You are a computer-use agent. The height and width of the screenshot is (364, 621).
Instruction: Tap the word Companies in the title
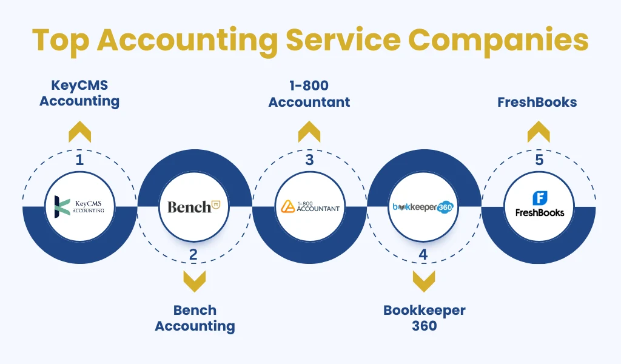coord(498,42)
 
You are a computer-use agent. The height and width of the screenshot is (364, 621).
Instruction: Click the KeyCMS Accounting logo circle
coord(79,206)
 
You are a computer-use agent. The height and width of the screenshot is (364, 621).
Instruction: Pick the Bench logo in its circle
coord(193,206)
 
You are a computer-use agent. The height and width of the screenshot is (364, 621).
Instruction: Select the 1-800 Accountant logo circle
coord(310,206)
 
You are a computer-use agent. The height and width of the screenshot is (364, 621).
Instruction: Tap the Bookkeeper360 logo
coord(423,206)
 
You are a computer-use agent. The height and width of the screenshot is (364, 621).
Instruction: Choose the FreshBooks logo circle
coord(539,206)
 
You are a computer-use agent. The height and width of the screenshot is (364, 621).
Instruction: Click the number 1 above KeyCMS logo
coord(79,160)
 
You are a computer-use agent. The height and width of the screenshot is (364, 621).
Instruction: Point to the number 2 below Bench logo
coord(193,254)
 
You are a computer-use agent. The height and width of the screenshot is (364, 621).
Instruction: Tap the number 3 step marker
coord(309,160)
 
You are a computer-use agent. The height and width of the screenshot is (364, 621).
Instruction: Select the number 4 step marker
coord(423,254)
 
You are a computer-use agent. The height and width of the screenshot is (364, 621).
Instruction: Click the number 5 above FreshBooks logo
coord(539,160)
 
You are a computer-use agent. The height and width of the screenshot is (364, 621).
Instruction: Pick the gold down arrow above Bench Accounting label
coord(195,281)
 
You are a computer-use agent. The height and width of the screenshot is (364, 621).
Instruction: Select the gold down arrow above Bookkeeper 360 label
coord(424,281)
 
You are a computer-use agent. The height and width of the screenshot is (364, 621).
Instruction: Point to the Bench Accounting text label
coord(195,318)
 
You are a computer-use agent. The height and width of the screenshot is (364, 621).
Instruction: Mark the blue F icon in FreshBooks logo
coord(540,198)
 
